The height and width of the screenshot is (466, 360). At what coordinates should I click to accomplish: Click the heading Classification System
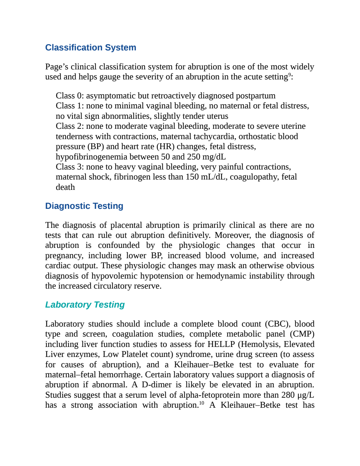pos(91,47)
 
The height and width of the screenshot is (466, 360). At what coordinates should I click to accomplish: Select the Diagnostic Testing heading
pos(84,206)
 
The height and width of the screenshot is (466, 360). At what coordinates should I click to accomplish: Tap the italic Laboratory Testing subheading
pos(85,304)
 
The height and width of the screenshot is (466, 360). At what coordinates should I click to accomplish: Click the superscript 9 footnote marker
pos(290,75)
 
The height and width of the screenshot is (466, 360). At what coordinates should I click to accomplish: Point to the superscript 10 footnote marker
pos(202,403)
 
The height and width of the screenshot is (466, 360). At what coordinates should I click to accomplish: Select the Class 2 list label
pos(70,126)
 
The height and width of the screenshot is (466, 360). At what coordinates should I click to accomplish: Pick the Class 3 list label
pos(70,167)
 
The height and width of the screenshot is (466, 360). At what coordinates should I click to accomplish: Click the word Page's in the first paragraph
pos(57,67)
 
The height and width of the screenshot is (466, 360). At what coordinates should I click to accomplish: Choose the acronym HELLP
pos(221,344)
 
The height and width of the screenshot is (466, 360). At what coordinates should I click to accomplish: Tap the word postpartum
pos(255,96)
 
